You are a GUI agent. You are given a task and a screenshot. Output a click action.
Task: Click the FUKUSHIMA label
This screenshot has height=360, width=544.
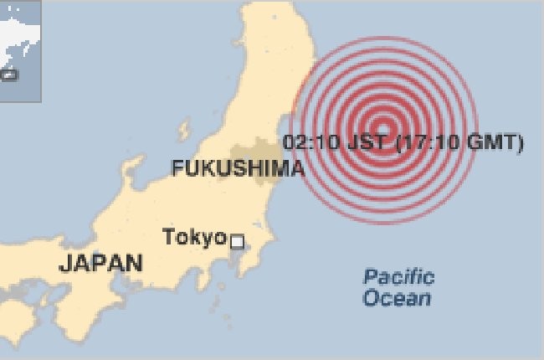238,168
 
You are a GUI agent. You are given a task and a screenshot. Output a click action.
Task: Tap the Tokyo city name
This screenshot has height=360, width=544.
194,237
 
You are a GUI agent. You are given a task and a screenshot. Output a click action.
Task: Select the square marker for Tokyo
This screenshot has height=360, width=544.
237,242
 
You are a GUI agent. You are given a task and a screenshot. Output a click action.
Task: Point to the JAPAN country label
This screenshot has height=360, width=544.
101,263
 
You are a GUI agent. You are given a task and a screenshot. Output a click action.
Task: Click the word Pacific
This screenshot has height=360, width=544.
398,277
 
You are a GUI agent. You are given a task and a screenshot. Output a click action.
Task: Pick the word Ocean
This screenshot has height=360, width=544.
398,298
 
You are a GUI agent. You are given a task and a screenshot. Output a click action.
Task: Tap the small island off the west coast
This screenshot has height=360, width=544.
184,131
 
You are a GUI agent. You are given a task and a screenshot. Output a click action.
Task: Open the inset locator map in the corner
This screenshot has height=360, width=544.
20,50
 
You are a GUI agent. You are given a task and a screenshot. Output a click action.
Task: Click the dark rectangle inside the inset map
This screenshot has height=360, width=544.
9,75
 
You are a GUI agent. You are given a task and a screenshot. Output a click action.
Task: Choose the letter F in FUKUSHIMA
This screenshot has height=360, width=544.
177,168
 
